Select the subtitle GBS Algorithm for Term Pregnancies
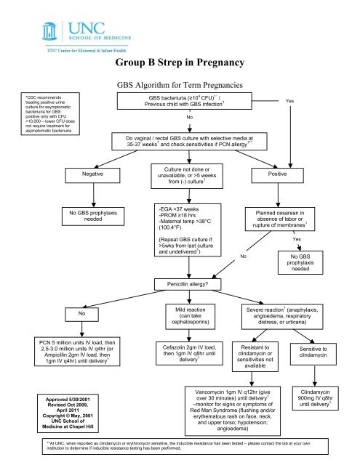pos(179,84)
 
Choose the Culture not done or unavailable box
pos(183,174)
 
